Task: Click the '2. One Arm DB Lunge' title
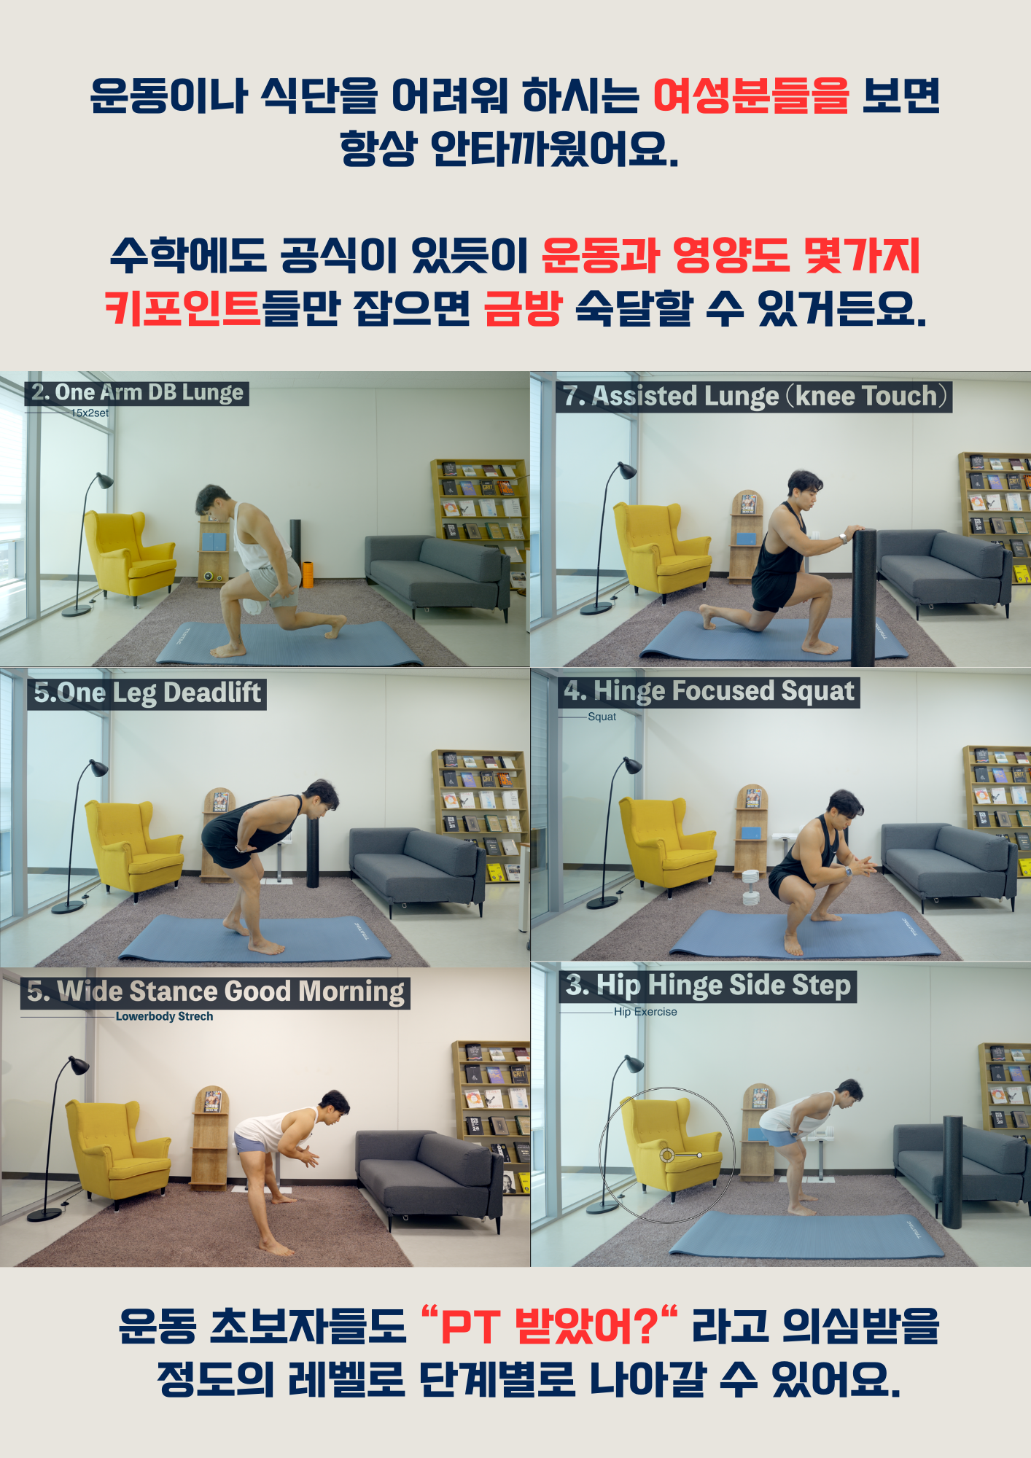pyautogui.click(x=137, y=393)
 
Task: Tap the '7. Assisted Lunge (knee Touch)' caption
pyautogui.click(x=754, y=396)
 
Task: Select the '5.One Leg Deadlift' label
pyautogui.click(x=147, y=693)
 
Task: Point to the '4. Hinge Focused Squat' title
pyautogui.click(x=709, y=691)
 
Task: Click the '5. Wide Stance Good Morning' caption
pyautogui.click(x=216, y=992)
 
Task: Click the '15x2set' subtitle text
pyautogui.click(x=90, y=413)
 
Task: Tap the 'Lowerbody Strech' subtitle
pyautogui.click(x=164, y=1016)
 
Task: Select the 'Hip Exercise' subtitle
pyautogui.click(x=645, y=1012)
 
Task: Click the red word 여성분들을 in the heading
pyautogui.click(x=751, y=96)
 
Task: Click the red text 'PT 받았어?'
pyautogui.click(x=550, y=1326)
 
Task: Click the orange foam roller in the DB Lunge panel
pyautogui.click(x=308, y=574)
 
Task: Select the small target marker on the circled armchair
pyautogui.click(x=666, y=1155)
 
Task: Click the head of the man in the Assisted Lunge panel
pyautogui.click(x=804, y=486)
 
